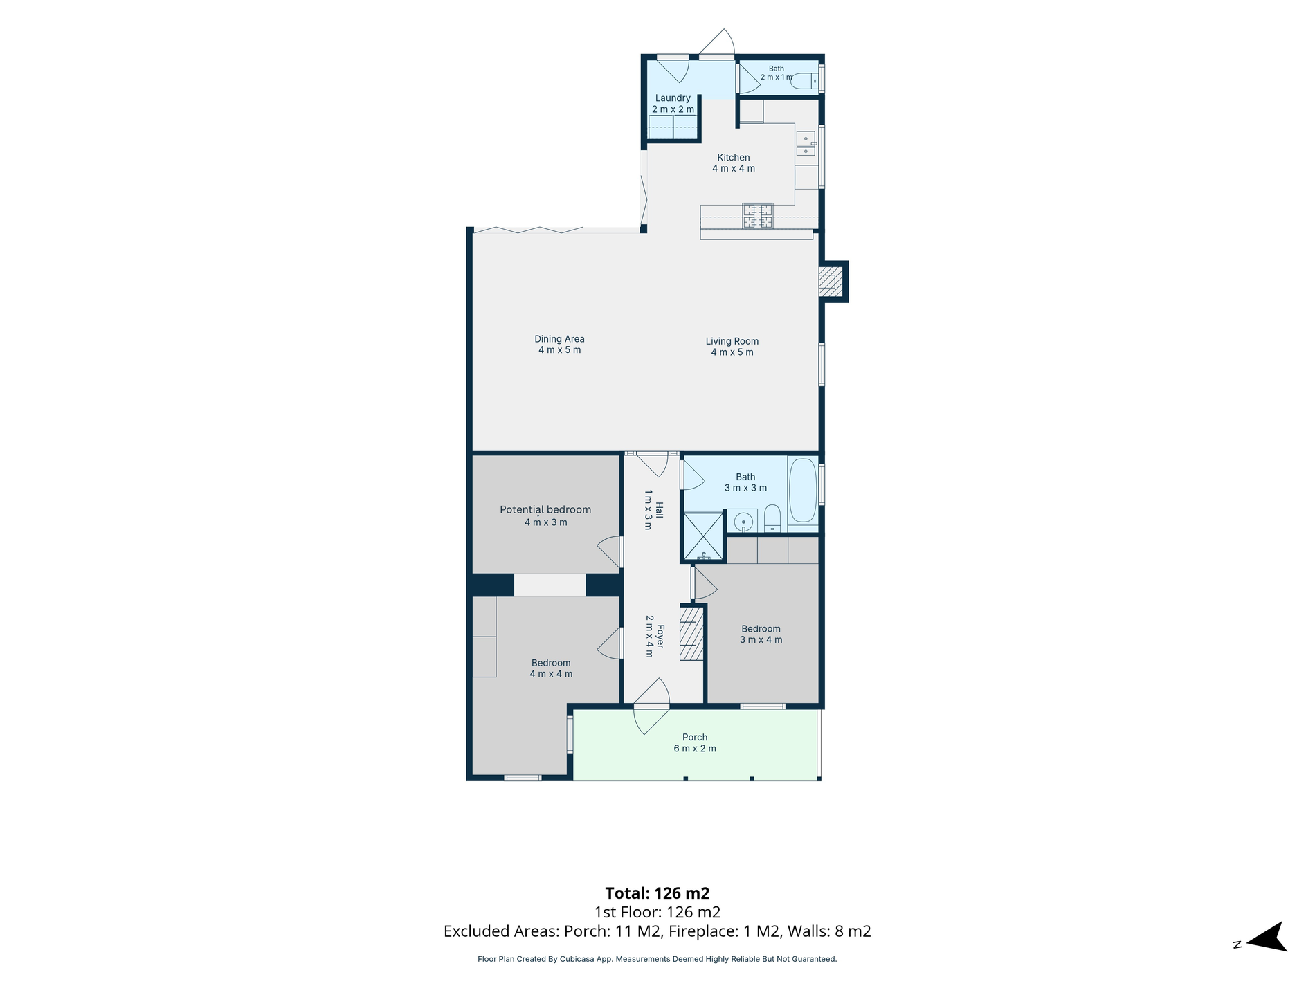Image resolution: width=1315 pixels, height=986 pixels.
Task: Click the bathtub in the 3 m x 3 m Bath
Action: coord(803,490)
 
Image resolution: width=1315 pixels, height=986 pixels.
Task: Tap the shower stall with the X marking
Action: coord(703,536)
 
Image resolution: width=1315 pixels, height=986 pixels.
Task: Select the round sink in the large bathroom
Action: coord(743,520)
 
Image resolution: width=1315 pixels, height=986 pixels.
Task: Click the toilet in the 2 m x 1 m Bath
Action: coord(804,82)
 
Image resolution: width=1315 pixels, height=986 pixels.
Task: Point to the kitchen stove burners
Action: coord(758,215)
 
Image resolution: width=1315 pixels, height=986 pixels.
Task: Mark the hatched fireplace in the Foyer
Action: coord(691,633)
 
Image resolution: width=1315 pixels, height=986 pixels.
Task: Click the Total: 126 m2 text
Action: coord(657,893)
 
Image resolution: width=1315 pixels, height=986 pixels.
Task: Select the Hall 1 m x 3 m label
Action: coord(654,510)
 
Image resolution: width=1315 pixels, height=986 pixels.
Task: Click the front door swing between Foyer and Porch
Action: coord(651,706)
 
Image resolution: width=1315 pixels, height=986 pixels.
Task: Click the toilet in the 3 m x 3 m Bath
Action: coord(772,518)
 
